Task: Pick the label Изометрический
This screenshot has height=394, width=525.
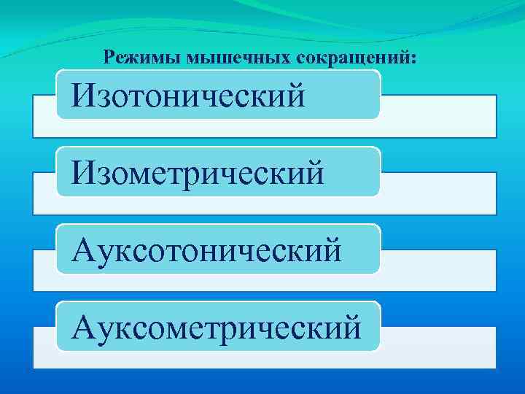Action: coord(196,172)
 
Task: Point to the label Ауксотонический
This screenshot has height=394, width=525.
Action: coord(206,250)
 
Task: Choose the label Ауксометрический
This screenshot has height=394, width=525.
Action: coord(215,327)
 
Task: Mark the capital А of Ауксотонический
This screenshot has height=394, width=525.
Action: coord(82,249)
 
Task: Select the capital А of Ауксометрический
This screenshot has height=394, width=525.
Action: coord(82,326)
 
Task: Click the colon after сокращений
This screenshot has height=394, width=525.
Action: coord(415,58)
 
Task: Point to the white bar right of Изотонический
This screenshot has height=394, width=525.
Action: coord(437,116)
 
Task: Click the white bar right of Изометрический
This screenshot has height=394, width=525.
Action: coord(437,193)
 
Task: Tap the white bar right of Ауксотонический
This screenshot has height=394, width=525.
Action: coord(437,271)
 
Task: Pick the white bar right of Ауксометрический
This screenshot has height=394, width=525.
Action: coord(437,348)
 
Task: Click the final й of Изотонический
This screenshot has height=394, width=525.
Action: coord(295,95)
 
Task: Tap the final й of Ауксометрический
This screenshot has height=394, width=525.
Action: coord(350,327)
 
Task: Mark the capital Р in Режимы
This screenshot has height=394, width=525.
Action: coord(110,56)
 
